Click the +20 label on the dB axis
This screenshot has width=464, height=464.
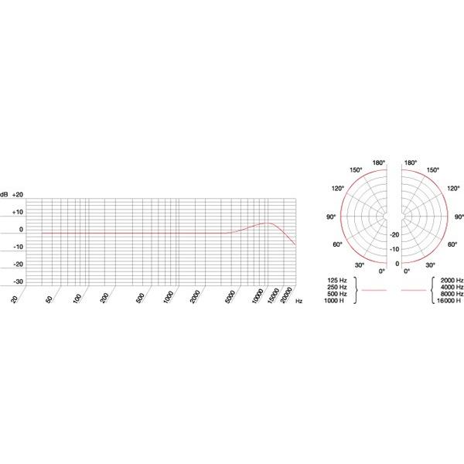pos(18,195)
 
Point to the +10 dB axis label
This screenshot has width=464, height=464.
pos(18,212)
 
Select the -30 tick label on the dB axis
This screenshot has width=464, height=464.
pos(18,281)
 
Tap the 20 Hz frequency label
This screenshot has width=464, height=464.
pos(14,299)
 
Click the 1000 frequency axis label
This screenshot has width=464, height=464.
pos(169,297)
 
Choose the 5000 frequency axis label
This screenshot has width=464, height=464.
pos(230,297)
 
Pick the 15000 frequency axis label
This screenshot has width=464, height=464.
pos(273,295)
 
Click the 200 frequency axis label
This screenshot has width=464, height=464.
pos(104,298)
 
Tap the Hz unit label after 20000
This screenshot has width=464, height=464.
pos(299,301)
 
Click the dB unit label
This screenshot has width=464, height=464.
pos(4,195)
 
